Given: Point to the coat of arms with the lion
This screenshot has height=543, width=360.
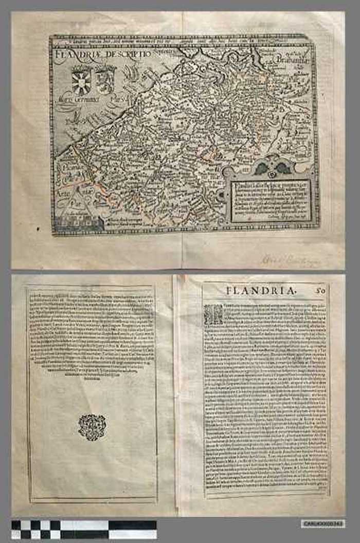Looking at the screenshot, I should [105, 79].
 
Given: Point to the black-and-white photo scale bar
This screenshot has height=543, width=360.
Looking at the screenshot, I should [84, 529].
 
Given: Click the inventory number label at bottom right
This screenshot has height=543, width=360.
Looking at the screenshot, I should [323, 523].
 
